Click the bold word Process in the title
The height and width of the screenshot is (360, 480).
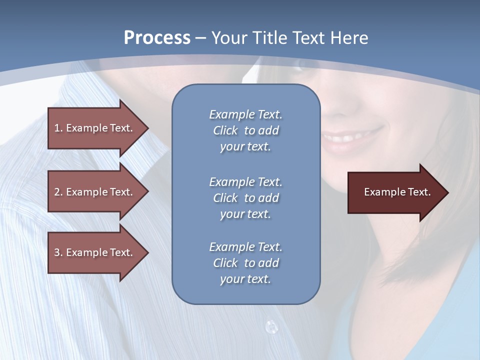coord(157,38)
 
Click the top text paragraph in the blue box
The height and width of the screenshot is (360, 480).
coord(245,130)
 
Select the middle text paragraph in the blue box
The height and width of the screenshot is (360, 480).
coord(245,198)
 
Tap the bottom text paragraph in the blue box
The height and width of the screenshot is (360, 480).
coord(245,263)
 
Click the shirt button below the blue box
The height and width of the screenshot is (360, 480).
coord(271,327)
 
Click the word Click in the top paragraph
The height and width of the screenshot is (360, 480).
coord(225,130)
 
